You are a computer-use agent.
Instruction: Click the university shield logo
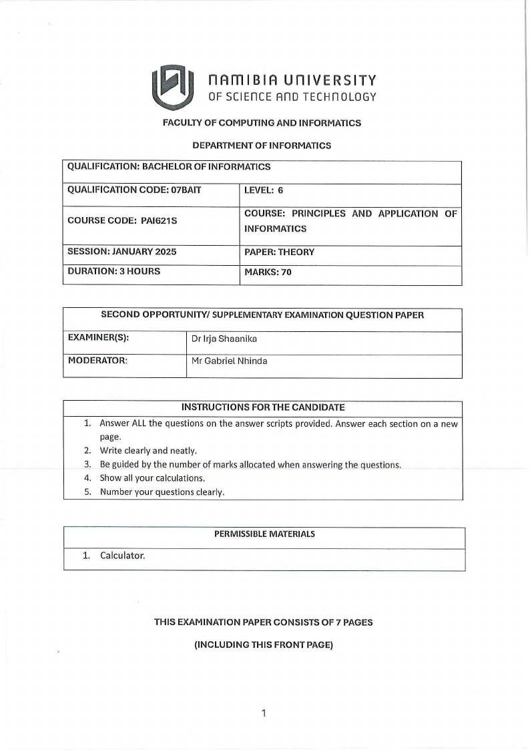pyautogui.click(x=172, y=87)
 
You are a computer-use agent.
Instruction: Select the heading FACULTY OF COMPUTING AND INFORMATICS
pyautogui.click(x=262, y=123)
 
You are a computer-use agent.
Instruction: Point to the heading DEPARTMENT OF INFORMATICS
pyautogui.click(x=262, y=145)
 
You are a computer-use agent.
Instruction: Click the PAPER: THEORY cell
pyautogui.click(x=279, y=252)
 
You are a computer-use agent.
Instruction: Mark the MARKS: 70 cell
pyautogui.click(x=268, y=272)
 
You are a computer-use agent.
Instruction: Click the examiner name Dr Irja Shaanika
pyautogui.click(x=224, y=339)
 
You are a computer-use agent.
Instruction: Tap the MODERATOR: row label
pyautogui.click(x=97, y=361)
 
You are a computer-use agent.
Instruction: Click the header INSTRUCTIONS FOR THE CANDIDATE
pyautogui.click(x=263, y=407)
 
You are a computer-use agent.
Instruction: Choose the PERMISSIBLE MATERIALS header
pyautogui.click(x=264, y=534)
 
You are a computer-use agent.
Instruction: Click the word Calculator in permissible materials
pyautogui.click(x=122, y=555)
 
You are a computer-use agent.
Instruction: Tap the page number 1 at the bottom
pyautogui.click(x=264, y=713)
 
